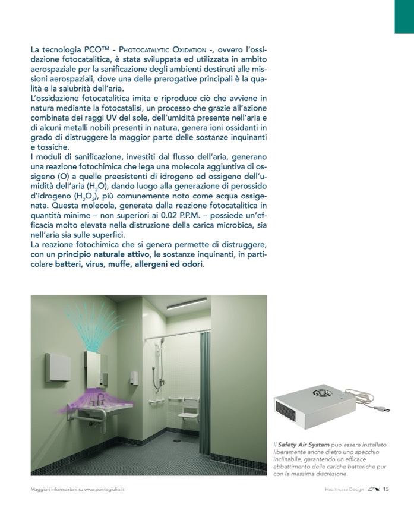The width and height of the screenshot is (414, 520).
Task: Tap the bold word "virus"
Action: (x=102, y=264)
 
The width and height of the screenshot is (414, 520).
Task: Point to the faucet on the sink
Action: (x=102, y=399)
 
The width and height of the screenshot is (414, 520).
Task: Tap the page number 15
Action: (x=385, y=490)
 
